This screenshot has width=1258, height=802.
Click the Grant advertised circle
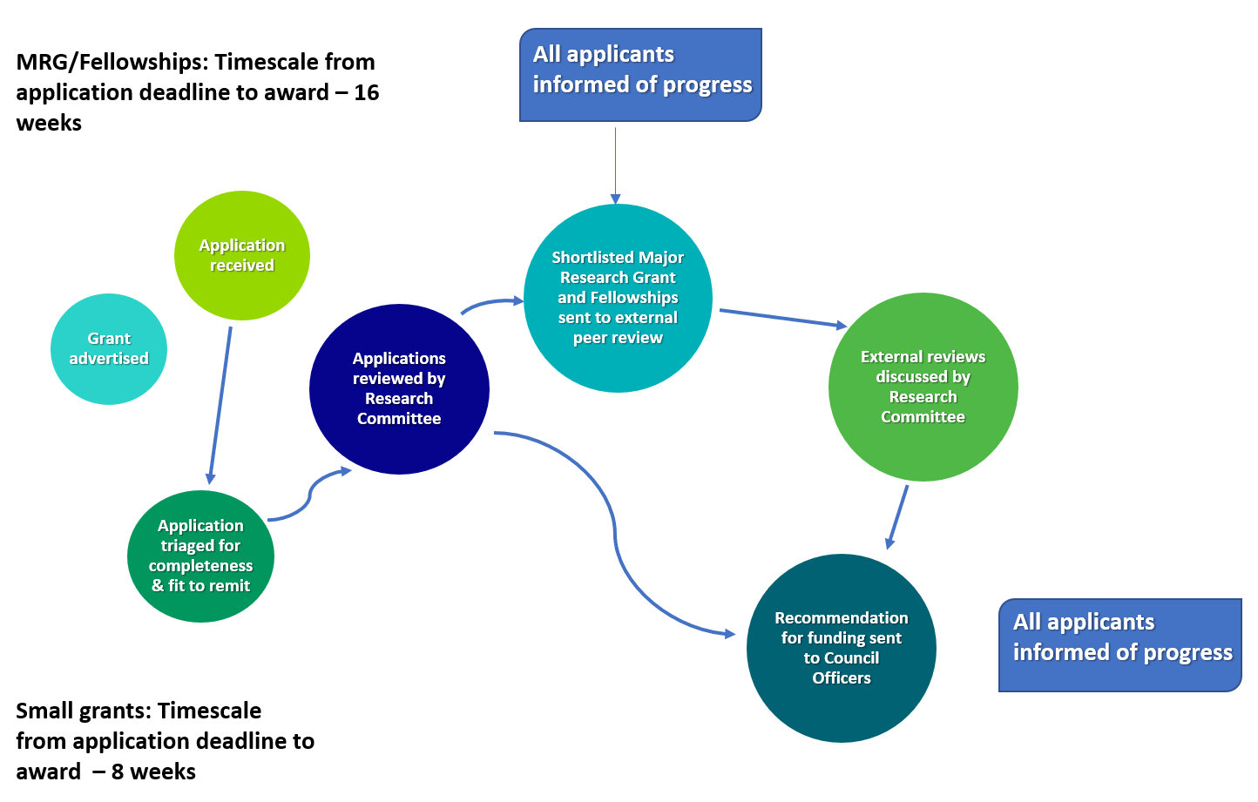pyautogui.click(x=108, y=348)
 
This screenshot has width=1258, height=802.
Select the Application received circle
pyautogui.click(x=241, y=255)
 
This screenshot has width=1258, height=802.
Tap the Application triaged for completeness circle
pyautogui.click(x=200, y=556)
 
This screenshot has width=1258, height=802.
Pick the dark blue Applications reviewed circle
pyautogui.click(x=399, y=389)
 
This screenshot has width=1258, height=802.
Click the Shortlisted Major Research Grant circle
pyautogui.click(x=618, y=298)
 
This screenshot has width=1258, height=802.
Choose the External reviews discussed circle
pyautogui.click(x=923, y=387)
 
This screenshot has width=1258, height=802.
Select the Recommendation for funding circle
pyautogui.click(x=841, y=648)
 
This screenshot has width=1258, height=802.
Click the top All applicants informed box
pyautogui.click(x=640, y=75)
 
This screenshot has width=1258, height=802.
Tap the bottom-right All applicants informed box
pyautogui.click(x=1119, y=645)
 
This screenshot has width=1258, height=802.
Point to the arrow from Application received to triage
pyautogui.click(x=220, y=405)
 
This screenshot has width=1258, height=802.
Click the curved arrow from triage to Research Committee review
pyautogui.click(x=309, y=494)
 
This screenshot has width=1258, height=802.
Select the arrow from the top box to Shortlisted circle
pyautogui.click(x=616, y=165)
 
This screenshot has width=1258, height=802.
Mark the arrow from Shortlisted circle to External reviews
pyautogui.click(x=783, y=318)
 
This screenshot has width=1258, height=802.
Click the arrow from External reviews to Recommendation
pyautogui.click(x=896, y=517)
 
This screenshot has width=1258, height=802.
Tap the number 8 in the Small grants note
pyautogui.click(x=117, y=772)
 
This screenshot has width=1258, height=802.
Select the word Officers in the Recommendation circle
pyautogui.click(x=842, y=678)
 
